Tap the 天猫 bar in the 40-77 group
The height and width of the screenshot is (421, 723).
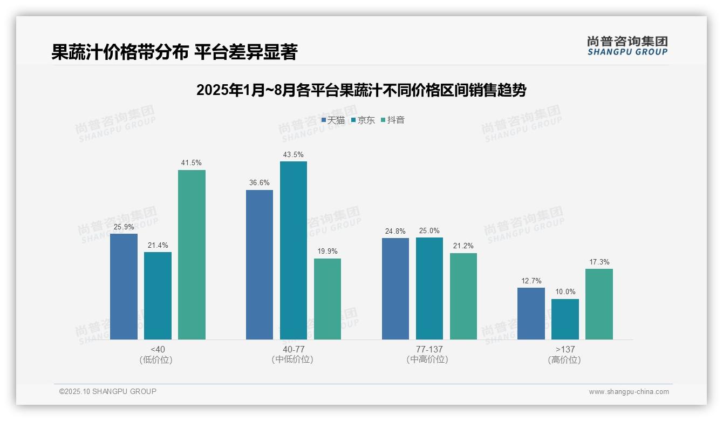[260, 264]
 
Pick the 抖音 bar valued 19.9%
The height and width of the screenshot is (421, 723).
[328, 299]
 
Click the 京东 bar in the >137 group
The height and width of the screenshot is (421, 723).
[565, 319]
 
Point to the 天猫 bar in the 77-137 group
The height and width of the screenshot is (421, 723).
[395, 289]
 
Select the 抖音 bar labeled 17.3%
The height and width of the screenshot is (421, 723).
[599, 304]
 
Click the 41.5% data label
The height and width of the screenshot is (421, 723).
[192, 163]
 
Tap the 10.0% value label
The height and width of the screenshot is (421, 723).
[565, 292]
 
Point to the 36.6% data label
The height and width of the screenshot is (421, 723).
[260, 183]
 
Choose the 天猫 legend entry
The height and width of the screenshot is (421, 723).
[333, 120]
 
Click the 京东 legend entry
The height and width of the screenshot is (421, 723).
[363, 120]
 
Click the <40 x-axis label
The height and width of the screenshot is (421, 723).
[158, 349]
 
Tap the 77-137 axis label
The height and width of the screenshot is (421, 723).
[429, 349]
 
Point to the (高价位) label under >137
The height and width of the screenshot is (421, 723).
[565, 359]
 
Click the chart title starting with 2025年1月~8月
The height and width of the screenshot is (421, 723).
[361, 90]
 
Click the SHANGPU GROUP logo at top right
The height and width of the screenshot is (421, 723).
[627, 46]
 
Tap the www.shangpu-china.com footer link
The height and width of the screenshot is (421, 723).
[629, 392]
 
